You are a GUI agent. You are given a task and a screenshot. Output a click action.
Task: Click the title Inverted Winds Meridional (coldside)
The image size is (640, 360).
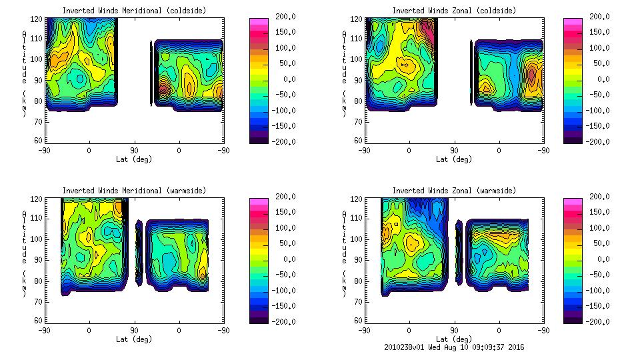134,11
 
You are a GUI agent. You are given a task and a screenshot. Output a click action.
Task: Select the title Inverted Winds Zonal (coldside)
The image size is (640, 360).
454,11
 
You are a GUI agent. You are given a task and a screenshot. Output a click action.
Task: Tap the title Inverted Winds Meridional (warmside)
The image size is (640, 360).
134,191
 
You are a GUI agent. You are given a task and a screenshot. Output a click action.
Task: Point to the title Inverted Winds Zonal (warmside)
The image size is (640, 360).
454,191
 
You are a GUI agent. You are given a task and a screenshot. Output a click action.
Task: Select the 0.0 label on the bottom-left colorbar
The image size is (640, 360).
289,259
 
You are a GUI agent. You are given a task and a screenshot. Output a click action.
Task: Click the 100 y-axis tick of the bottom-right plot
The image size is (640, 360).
357,239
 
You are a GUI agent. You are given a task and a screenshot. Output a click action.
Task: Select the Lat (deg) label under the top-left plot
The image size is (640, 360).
134,159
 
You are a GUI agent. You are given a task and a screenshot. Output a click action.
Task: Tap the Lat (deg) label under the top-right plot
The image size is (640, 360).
454,159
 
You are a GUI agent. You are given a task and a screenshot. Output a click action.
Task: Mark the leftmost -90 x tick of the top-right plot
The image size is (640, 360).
364,150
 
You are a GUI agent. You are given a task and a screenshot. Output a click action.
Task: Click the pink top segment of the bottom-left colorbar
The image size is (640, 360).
258,201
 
